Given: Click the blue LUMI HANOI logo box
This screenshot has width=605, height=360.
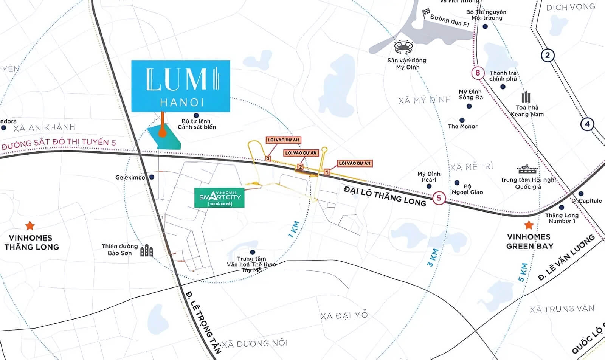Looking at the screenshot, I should [x=180, y=86].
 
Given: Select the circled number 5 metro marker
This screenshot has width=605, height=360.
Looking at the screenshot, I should [x=439, y=198].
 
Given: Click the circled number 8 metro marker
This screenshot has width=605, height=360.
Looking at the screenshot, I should [x=478, y=73].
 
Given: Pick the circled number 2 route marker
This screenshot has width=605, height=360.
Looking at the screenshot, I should [x=547, y=56].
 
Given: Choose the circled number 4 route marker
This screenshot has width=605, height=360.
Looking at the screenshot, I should [x=587, y=124].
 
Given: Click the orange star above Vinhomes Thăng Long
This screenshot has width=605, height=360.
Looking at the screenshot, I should [x=30, y=226].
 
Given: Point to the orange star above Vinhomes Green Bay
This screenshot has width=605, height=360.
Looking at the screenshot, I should [x=529, y=225].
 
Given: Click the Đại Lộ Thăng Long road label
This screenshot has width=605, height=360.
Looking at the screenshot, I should [x=385, y=196].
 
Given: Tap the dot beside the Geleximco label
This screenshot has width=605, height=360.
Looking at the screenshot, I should [x=152, y=177].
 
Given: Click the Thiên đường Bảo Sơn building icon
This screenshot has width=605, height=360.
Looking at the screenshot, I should [x=146, y=250].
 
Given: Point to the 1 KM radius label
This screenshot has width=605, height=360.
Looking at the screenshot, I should [x=294, y=229].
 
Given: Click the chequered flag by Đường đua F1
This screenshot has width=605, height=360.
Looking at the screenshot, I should [x=427, y=13].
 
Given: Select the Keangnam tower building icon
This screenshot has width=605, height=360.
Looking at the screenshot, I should [x=526, y=97].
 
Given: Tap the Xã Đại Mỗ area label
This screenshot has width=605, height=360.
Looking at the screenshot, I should [x=344, y=315].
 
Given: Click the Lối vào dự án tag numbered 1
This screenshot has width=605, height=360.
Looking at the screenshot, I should [x=355, y=163].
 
